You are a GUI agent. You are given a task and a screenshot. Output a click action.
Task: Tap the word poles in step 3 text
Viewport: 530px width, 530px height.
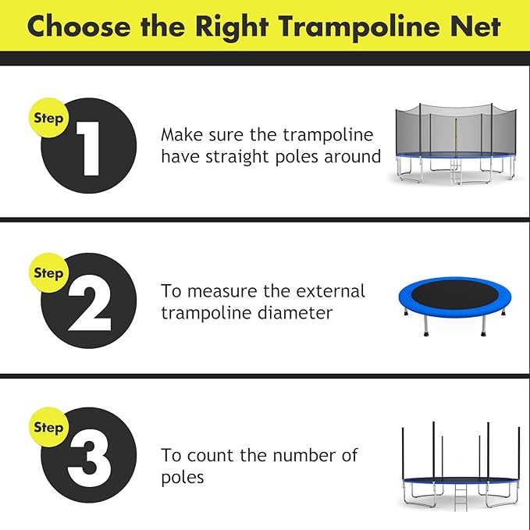183,476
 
